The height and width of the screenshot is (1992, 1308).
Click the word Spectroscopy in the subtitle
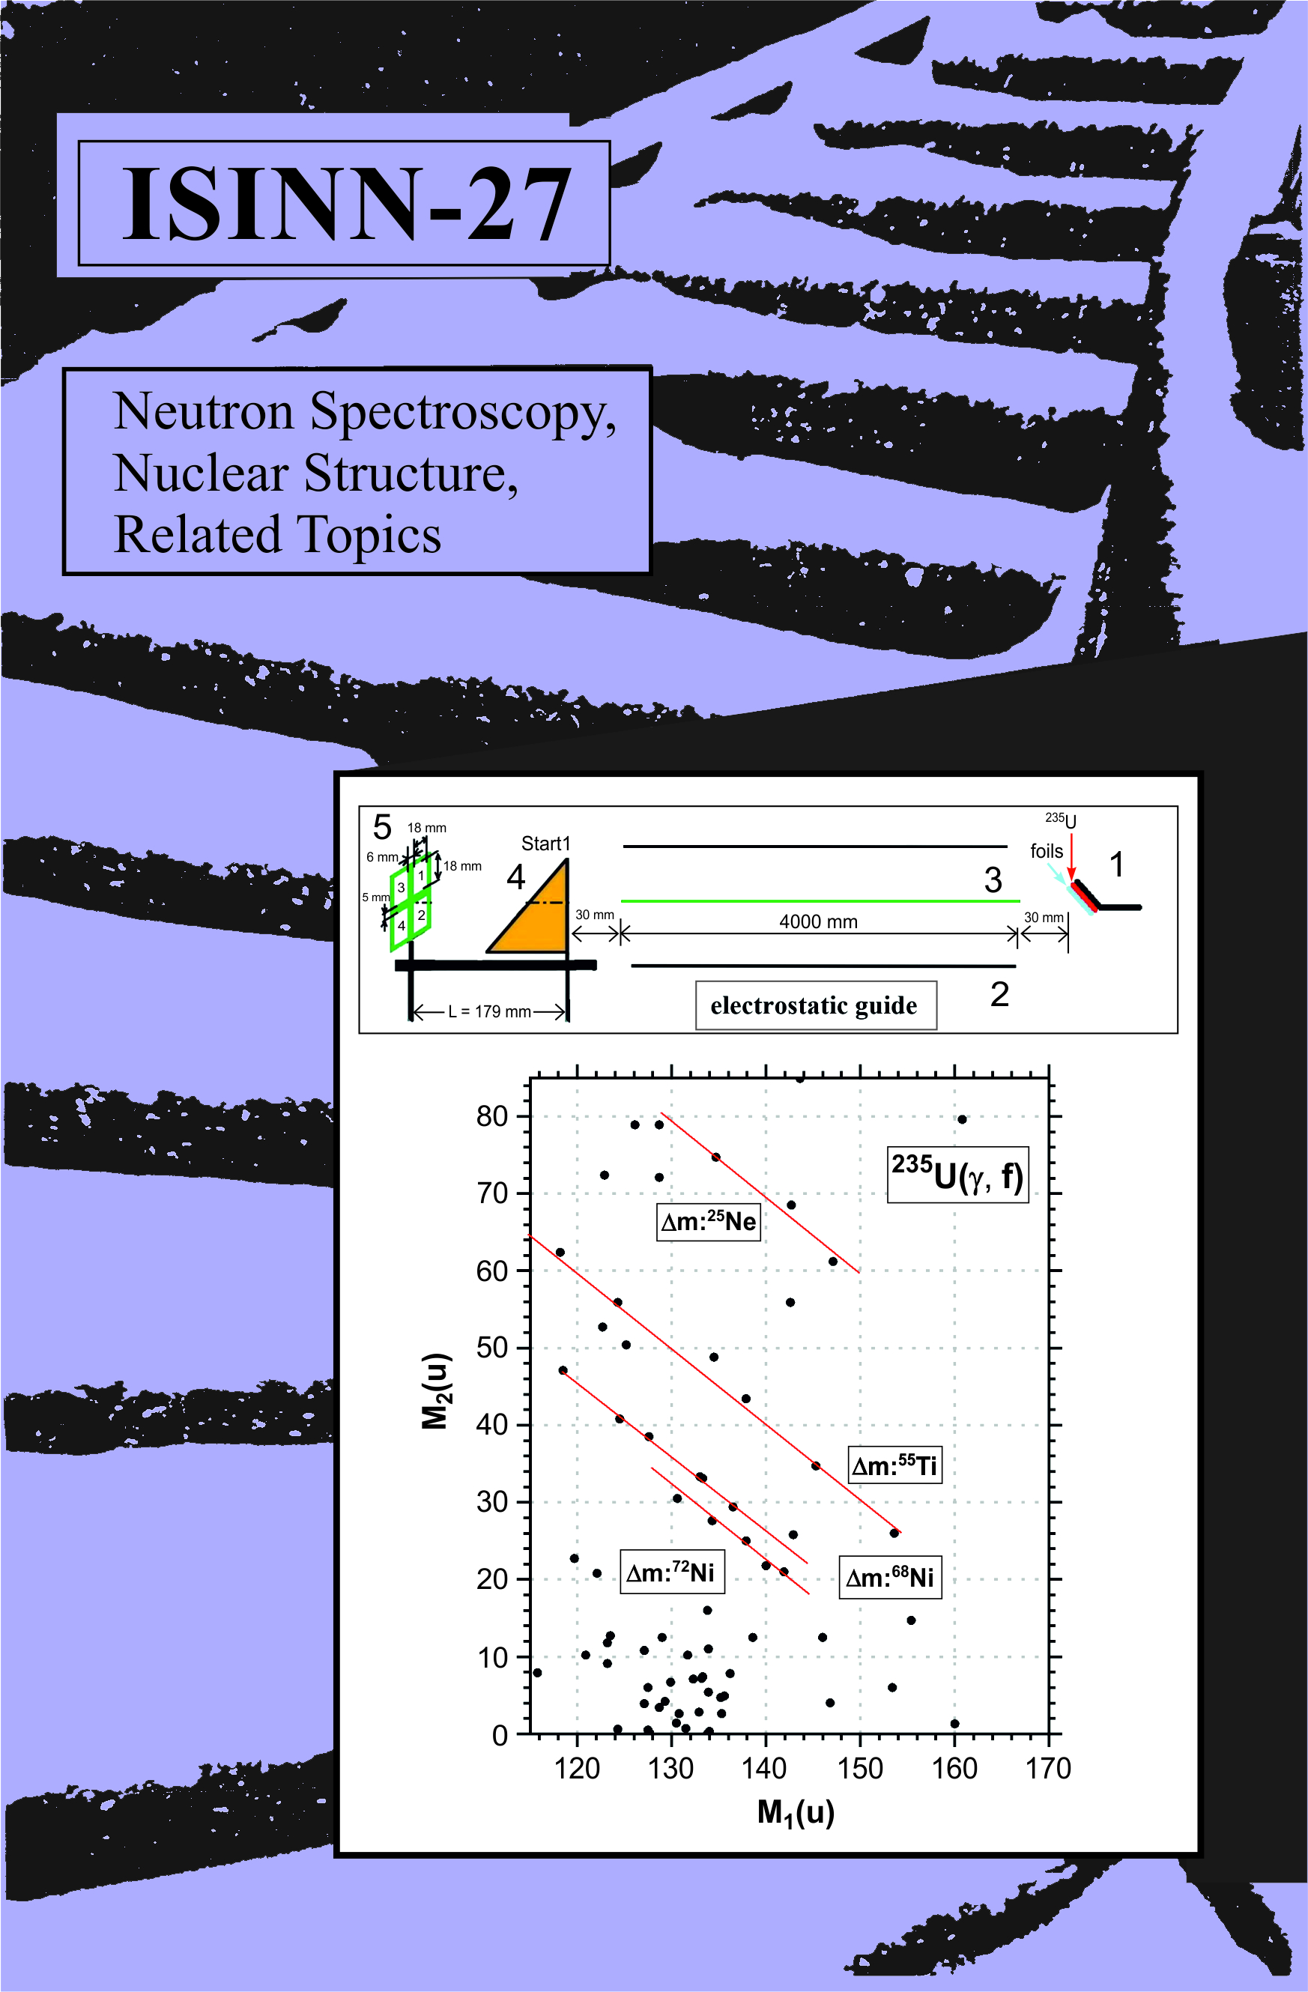coord(462,412)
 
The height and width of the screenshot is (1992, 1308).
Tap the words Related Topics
coord(277,535)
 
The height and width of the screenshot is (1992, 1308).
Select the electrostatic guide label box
coord(815,1005)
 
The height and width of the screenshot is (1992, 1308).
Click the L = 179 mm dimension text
coord(488,1011)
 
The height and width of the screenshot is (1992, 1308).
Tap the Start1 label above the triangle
coord(545,844)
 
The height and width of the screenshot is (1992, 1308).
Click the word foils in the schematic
coord(1046,851)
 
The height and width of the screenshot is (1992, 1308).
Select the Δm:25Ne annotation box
coord(708,1222)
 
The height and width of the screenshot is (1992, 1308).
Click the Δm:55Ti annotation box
coord(894,1465)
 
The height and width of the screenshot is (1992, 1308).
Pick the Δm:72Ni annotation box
coord(670,1572)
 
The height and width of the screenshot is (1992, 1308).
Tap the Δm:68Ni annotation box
coord(889,1578)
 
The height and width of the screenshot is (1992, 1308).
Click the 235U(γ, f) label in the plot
coord(957,1175)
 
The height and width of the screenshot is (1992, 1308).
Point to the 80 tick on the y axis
coord(492,1116)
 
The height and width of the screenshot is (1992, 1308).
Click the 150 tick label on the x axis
coord(860,1769)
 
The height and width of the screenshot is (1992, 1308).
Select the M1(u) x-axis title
coord(795,1813)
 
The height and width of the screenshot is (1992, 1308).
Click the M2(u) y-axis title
coord(436,1391)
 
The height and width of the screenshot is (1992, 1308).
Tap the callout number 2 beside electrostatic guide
coord(999,994)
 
